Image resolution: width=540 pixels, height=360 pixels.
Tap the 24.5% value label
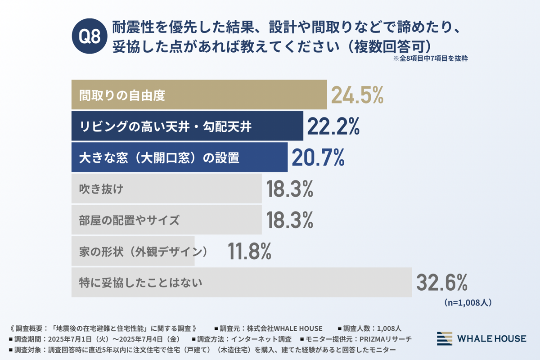357,95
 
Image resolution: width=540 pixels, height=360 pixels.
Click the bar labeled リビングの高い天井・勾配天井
187,126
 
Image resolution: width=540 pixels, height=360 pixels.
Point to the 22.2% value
333,126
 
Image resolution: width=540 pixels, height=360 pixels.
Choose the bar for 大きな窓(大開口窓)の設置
179,157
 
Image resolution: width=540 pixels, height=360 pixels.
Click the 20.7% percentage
318,157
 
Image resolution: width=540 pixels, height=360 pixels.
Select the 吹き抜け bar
166,189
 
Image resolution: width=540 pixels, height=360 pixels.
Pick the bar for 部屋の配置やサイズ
166,220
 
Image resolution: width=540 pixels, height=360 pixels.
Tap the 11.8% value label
249,252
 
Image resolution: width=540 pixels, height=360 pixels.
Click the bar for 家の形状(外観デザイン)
133,252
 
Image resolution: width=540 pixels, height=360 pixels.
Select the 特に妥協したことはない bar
241,283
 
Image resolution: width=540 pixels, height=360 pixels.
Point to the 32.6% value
441,283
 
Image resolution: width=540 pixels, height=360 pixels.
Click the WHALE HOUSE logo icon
445,338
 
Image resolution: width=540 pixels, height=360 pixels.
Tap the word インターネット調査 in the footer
263,338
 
